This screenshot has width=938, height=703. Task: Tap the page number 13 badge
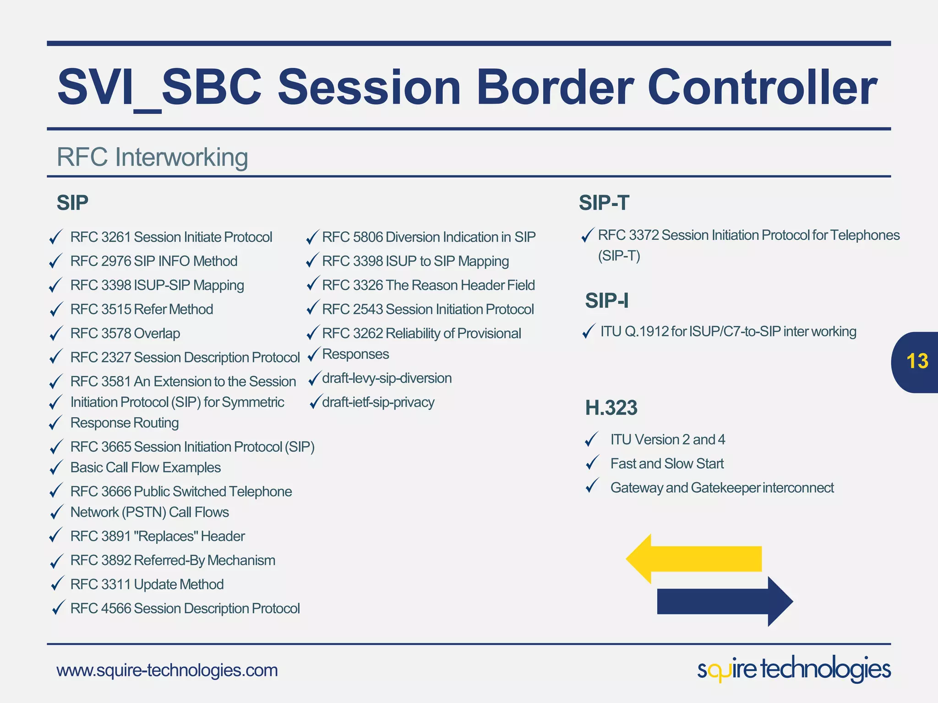tap(916, 362)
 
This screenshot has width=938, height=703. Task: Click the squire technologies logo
tap(794, 669)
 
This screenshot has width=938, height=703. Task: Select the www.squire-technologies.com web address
tap(167, 670)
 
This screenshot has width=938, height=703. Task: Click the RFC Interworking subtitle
tap(152, 157)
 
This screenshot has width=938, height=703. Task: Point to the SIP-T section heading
tap(604, 203)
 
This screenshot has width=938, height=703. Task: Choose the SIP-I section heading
tap(606, 301)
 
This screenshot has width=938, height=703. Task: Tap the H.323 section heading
tap(611, 408)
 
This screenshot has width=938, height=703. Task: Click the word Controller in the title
tap(762, 87)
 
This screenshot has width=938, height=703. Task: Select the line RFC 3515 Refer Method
tap(142, 309)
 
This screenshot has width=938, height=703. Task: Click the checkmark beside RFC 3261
tap(55, 237)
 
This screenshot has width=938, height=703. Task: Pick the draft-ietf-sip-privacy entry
tap(378, 402)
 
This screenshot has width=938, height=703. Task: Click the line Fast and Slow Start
tap(667, 464)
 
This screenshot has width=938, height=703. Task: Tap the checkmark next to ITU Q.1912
tap(589, 331)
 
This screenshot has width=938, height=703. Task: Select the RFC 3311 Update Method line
tap(147, 584)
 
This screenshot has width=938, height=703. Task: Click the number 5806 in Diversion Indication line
tap(368, 237)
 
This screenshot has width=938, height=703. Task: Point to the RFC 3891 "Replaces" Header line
tap(158, 536)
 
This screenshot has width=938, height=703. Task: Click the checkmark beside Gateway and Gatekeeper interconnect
tap(592, 486)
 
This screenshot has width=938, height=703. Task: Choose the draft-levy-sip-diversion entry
tap(387, 379)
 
